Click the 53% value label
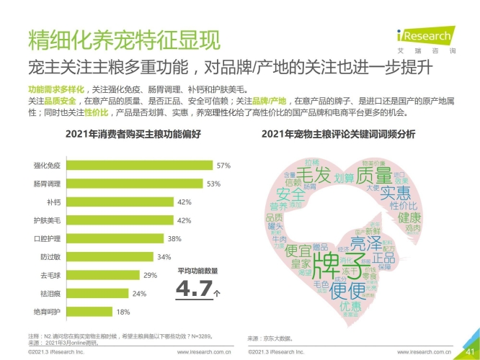(x=213, y=184)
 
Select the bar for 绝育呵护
(x=82, y=312)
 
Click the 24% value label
(x=139, y=294)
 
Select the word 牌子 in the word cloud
(x=332, y=267)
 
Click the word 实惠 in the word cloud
(x=395, y=193)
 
